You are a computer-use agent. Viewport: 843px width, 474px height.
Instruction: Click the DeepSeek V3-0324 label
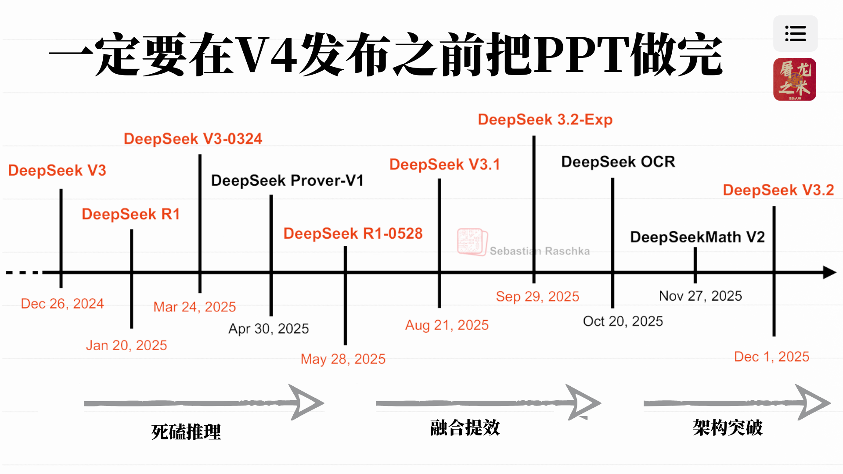[193, 139]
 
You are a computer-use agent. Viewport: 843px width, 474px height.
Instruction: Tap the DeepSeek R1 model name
[131, 214]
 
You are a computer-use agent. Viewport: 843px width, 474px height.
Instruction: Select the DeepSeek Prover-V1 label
[287, 180]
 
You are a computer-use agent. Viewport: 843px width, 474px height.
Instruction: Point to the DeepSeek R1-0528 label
[353, 233]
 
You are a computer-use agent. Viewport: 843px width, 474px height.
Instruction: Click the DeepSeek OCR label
[618, 162]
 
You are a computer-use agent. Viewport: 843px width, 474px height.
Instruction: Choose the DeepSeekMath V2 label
[697, 237]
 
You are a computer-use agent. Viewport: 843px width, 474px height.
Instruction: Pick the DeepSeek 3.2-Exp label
[545, 119]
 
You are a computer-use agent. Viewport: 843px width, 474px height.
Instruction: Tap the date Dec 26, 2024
[62, 303]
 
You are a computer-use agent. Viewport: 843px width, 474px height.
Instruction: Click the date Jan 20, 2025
[126, 345]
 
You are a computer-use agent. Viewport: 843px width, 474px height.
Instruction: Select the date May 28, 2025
[343, 359]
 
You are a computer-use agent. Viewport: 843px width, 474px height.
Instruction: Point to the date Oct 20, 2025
[623, 321]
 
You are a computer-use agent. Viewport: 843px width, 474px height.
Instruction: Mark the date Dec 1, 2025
[771, 356]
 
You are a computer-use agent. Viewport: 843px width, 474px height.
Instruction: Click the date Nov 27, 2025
[700, 296]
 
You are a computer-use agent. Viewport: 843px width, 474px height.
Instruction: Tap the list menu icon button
[795, 34]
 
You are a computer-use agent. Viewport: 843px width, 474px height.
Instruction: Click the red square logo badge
[795, 79]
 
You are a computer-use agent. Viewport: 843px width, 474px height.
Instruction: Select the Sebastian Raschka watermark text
[540, 251]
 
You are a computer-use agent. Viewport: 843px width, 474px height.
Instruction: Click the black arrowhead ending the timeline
[829, 272]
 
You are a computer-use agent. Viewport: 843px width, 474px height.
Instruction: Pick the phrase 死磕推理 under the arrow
[186, 432]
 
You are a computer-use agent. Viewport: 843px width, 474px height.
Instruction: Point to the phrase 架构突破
[728, 427]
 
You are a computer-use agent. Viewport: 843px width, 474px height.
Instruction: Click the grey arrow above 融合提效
[487, 402]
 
